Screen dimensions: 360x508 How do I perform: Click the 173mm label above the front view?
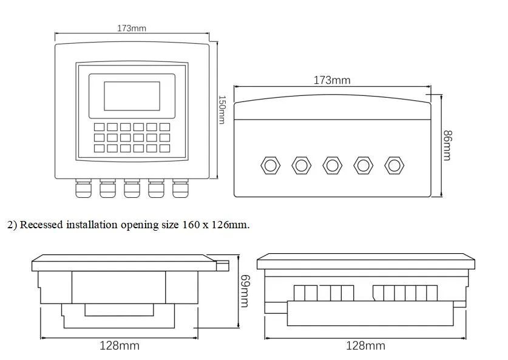click(x=131, y=29)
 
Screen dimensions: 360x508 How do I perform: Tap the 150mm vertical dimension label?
click(x=222, y=109)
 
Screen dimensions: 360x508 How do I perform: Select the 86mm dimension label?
click(x=447, y=145)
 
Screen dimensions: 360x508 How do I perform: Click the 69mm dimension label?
click(x=245, y=291)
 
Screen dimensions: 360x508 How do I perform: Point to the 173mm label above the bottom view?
click(x=331, y=80)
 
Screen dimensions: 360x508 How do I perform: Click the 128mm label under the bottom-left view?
click(x=120, y=345)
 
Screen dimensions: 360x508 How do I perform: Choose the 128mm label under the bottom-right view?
click(x=365, y=345)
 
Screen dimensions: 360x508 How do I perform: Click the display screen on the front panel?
click(x=131, y=96)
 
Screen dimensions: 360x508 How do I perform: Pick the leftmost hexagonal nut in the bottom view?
click(x=269, y=165)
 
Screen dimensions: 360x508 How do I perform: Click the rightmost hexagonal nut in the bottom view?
click(x=395, y=165)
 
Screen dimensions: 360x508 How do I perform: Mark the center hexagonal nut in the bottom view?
click(x=332, y=165)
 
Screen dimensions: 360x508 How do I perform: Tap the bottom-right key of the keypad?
click(x=166, y=148)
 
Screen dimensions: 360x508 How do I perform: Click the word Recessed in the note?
click(x=42, y=225)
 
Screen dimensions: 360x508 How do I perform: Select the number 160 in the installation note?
click(x=191, y=225)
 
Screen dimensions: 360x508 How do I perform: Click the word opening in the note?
click(x=142, y=225)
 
